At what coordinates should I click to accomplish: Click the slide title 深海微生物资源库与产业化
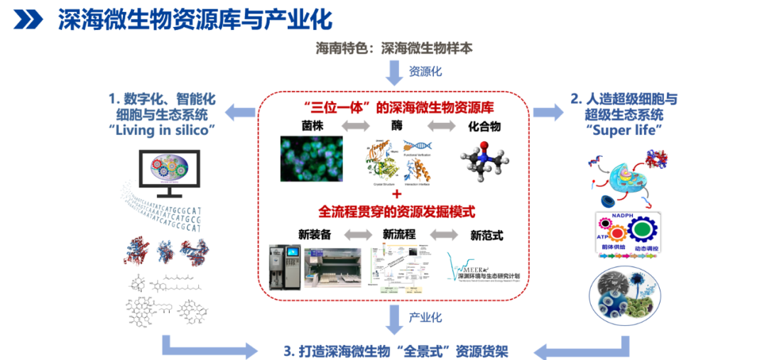(195, 19)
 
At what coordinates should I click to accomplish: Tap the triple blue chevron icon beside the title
(28, 20)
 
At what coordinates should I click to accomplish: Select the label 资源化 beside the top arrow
(425, 72)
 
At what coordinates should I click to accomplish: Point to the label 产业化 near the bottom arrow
(425, 317)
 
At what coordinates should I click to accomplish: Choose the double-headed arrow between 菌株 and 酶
(354, 126)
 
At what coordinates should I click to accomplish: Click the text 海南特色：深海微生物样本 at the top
(394, 49)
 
